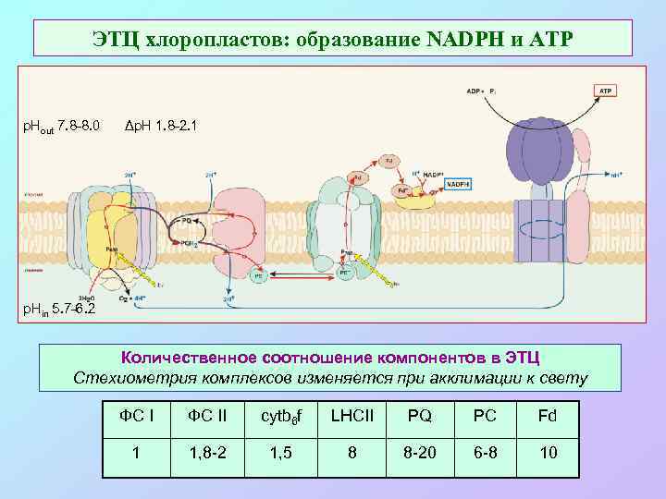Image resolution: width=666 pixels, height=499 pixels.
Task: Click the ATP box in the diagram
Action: pyautogui.click(x=605, y=91)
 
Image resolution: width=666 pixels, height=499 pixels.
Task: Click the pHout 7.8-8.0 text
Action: pyautogui.click(x=60, y=125)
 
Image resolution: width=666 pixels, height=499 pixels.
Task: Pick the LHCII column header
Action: pyautogui.click(x=351, y=416)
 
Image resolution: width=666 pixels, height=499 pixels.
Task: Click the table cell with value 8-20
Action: pyautogui.click(x=419, y=453)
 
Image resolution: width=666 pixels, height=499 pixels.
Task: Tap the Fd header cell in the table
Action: pyautogui.click(x=548, y=416)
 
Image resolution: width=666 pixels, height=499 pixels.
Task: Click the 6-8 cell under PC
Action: pyautogui.click(x=485, y=453)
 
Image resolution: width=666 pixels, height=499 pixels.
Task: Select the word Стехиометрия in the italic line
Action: pyautogui.click(x=128, y=378)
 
